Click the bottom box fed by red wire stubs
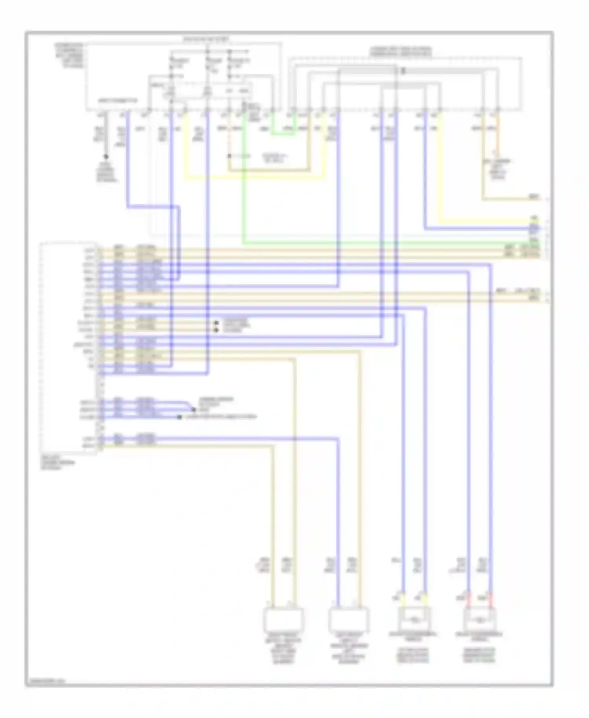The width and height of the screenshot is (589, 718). pos(479,620)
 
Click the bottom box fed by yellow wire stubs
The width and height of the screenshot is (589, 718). pos(414,620)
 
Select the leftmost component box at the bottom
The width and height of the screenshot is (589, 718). pos(283,620)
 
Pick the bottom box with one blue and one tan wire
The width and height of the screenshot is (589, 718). pos(348,620)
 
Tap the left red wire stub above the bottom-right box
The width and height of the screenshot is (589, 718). pos(468,597)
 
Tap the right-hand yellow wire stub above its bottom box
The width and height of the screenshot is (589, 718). pos(425,597)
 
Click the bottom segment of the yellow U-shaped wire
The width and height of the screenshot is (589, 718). pos(255,178)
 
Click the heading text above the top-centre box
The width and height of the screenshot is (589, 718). pos(207,40)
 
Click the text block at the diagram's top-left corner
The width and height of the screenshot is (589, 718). pos(69,55)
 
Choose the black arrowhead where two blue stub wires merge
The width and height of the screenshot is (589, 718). pos(193,409)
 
